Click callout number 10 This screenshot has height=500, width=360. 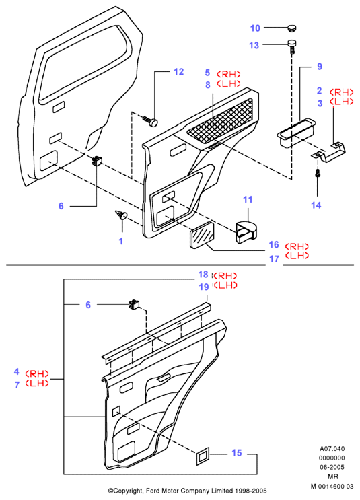click(x=255, y=28)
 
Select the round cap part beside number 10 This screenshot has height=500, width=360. click(x=292, y=28)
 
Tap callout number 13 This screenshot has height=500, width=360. click(x=254, y=46)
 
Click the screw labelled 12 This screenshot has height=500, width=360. click(x=151, y=121)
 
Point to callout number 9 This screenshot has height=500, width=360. click(x=320, y=67)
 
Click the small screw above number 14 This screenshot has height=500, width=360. click(x=318, y=174)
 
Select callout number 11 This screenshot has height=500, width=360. click(x=248, y=200)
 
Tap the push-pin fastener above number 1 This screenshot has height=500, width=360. click(x=121, y=215)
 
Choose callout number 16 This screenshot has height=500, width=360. click(x=274, y=244)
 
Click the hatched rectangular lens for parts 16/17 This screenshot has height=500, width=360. click(x=201, y=235)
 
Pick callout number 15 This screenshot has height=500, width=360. click(x=237, y=453)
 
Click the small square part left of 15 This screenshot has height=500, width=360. click(x=203, y=456)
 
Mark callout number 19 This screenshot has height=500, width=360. click(x=204, y=287)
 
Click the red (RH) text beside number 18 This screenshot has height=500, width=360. click(x=225, y=275)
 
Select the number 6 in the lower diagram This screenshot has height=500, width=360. click(x=88, y=305)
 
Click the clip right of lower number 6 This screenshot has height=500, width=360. click(x=134, y=304)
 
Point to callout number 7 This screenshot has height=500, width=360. click(x=17, y=385)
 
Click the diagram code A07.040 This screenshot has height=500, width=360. click(x=332, y=449)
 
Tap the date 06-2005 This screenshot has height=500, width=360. click(x=332, y=467)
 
